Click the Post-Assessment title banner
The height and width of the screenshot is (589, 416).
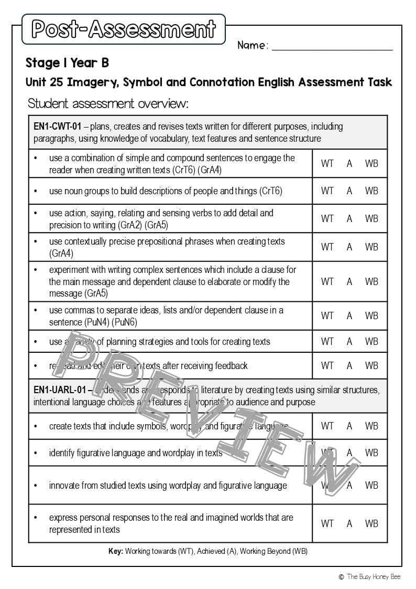coord(124,29)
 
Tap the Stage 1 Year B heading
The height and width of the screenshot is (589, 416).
coord(67,64)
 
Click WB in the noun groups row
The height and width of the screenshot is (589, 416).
coord(371,191)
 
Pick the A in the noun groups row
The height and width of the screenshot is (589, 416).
coord(349,191)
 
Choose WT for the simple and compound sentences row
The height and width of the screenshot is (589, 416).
coord(327,164)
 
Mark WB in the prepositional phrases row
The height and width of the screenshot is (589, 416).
coord(371,247)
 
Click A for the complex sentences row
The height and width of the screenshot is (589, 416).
coord(349,281)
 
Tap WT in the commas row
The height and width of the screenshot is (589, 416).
coord(327,315)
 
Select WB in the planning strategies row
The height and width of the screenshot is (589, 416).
coord(371,341)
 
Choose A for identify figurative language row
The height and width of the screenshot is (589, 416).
coord(349,453)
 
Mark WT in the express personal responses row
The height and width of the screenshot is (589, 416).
coord(327,523)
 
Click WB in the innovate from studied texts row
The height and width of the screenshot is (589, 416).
coord(371,485)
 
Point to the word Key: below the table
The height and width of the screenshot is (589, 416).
coord(116,552)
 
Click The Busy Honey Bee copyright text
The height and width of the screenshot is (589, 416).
coord(373,576)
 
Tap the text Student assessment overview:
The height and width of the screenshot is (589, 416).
coord(108,103)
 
